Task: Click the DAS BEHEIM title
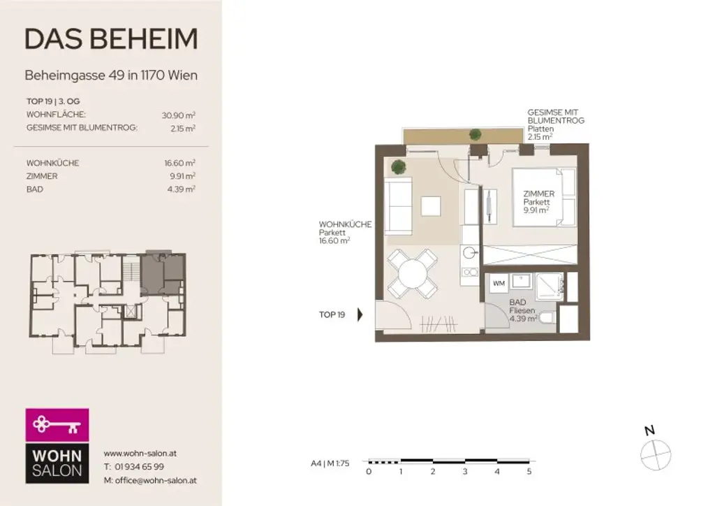pos(110,39)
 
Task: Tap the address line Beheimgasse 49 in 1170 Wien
pos(110,75)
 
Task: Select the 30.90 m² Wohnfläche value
pos(178,115)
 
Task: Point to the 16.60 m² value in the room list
pos(179,163)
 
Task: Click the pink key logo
pos(57,424)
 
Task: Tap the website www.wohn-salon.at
pos(140,453)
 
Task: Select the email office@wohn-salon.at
pos(149,480)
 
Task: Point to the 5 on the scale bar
pos(529,472)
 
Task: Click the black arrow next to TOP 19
pos(360,315)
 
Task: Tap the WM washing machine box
pos(499,284)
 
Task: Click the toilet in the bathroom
pos(547,319)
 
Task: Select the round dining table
pos(413,273)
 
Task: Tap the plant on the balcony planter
pos(476,134)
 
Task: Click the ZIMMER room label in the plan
pos(538,194)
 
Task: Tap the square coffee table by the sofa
pos(431,206)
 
